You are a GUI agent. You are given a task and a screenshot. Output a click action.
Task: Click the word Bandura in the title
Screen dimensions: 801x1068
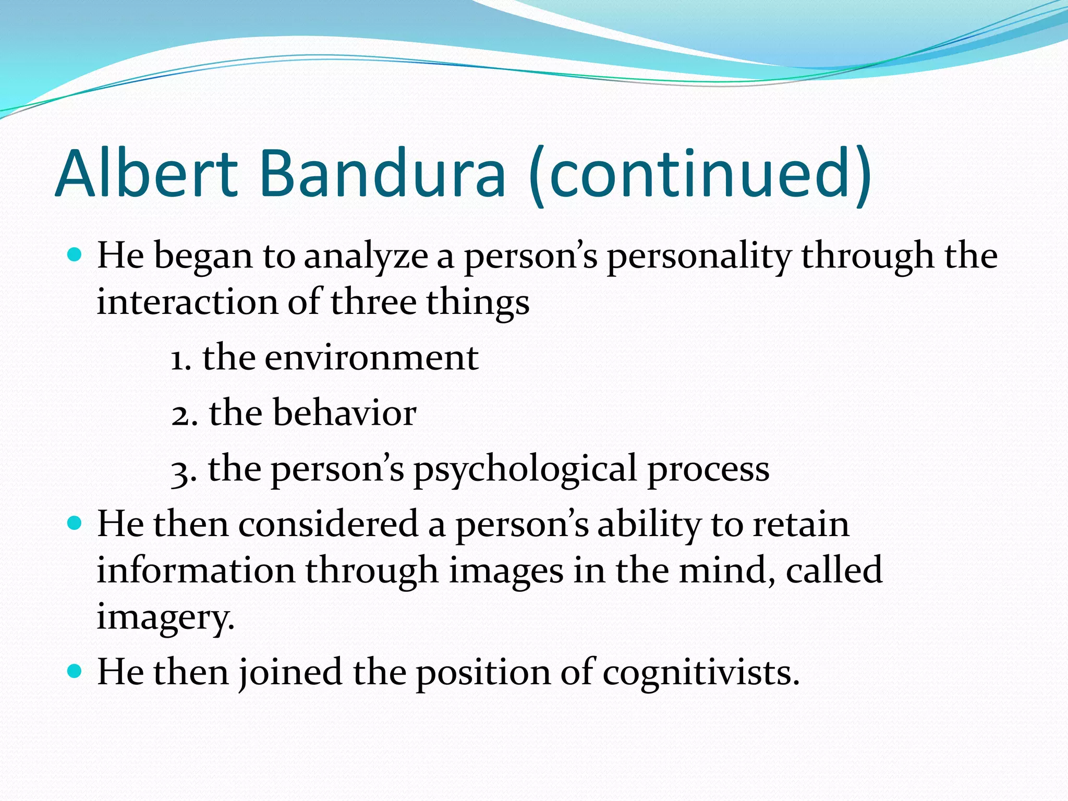point(382,174)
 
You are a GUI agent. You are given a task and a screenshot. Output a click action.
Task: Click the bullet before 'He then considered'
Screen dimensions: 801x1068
point(75,523)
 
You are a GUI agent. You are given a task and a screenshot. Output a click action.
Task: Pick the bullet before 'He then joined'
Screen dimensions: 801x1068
point(75,671)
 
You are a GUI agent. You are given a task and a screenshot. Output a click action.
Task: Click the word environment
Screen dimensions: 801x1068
point(371,359)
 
